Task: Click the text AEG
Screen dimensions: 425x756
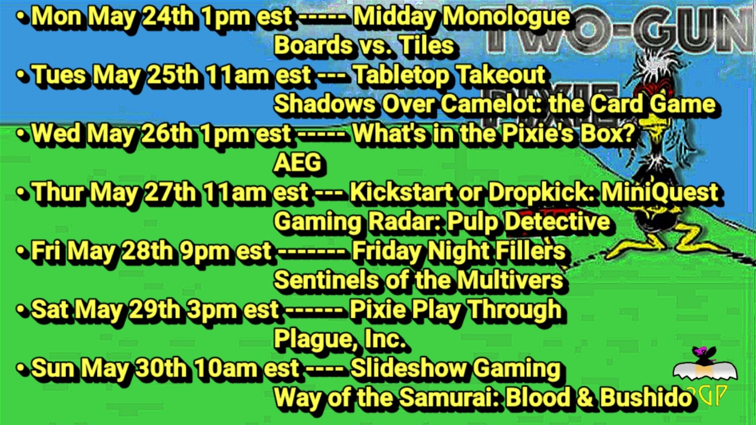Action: tap(297, 162)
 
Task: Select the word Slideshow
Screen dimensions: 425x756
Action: tap(408, 368)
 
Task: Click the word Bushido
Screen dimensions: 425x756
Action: tap(646, 397)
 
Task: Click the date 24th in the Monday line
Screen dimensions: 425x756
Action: tap(167, 17)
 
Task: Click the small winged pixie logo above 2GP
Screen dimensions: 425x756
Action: tap(704, 364)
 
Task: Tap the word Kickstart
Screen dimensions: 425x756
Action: tap(400, 192)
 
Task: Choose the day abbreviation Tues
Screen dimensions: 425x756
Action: tap(59, 75)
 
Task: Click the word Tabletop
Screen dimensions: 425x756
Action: tap(400, 75)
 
